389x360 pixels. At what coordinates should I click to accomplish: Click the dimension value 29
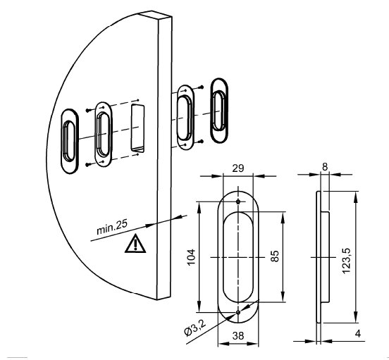238,168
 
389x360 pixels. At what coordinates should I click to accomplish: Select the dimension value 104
191,257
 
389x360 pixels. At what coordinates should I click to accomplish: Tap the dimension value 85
275,256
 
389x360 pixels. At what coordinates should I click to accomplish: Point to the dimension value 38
238,336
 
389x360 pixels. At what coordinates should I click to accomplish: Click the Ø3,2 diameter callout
195,328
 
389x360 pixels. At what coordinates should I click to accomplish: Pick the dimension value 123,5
346,261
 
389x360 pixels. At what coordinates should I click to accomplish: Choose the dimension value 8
325,167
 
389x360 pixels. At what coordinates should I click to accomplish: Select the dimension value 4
357,333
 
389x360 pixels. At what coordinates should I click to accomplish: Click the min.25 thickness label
112,227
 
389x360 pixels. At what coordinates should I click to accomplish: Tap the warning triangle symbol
135,243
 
